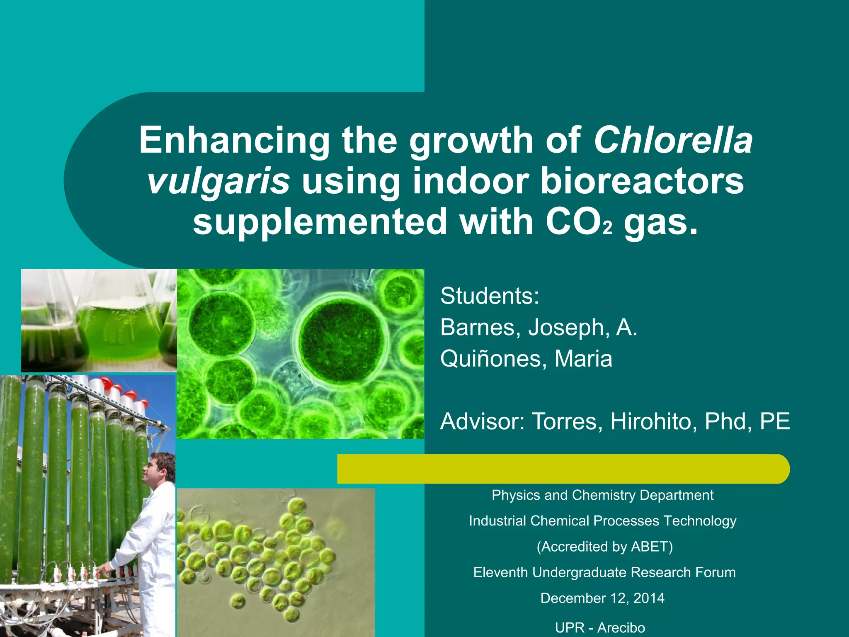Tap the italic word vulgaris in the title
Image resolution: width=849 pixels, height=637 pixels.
[218, 181]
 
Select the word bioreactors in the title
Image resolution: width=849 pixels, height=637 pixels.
[642, 181]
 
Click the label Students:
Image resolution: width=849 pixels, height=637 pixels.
[490, 296]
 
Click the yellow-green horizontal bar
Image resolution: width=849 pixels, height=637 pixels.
[563, 469]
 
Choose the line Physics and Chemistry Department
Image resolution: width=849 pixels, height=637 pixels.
[602, 495]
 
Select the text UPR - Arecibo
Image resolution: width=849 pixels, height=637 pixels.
[600, 627]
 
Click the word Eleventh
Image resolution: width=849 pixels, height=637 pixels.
[501, 572]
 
